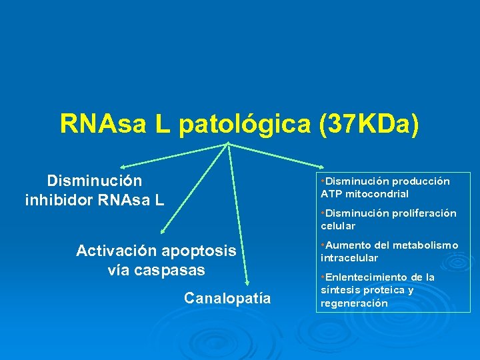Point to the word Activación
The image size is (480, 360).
pyautogui.click(x=116, y=251)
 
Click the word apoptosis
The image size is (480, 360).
pyautogui.click(x=199, y=251)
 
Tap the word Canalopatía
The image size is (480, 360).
pyautogui.click(x=227, y=298)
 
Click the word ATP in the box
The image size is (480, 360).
pyautogui.click(x=330, y=194)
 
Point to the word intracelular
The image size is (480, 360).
pyautogui.click(x=349, y=257)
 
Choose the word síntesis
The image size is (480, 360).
pyautogui.click(x=338, y=290)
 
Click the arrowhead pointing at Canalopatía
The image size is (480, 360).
pyautogui.click(x=247, y=283)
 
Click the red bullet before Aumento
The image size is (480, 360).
pyautogui.click(x=322, y=245)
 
